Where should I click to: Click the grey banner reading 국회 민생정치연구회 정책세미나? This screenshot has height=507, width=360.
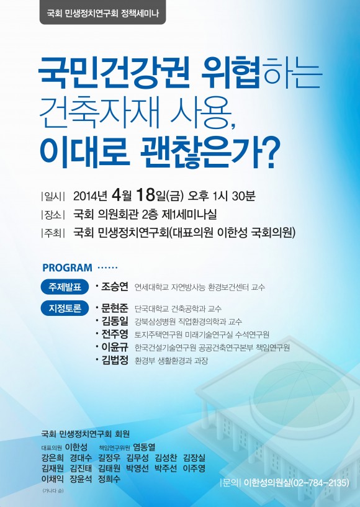coord(102,12)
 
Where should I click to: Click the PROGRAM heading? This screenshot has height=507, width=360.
coord(67,267)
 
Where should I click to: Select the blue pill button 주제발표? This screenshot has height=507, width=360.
coord(65,287)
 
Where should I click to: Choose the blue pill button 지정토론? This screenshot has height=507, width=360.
coord(65,308)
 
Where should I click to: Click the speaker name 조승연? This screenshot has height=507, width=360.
coord(115,287)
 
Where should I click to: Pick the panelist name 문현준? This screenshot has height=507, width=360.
coord(115,308)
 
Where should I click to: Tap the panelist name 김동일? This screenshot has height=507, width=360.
coord(115,321)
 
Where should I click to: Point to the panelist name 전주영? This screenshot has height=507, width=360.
coord(115,334)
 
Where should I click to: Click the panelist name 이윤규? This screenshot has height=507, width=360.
coord(115,347)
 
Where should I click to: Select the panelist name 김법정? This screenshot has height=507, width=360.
coord(115,360)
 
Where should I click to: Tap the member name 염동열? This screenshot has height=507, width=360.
coord(144,447)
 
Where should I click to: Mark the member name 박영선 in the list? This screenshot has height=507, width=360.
coord(137,468)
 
